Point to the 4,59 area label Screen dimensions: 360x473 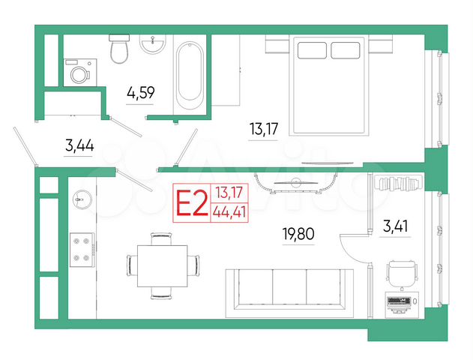[141, 94]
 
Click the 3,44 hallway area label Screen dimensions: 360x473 [79, 146]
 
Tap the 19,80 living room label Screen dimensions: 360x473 [299, 233]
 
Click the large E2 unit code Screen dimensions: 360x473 [190, 202]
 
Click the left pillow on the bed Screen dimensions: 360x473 [312, 50]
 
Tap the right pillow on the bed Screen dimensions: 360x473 [346, 50]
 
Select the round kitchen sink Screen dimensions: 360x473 [81, 199]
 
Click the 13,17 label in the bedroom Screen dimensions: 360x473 [263, 129]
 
